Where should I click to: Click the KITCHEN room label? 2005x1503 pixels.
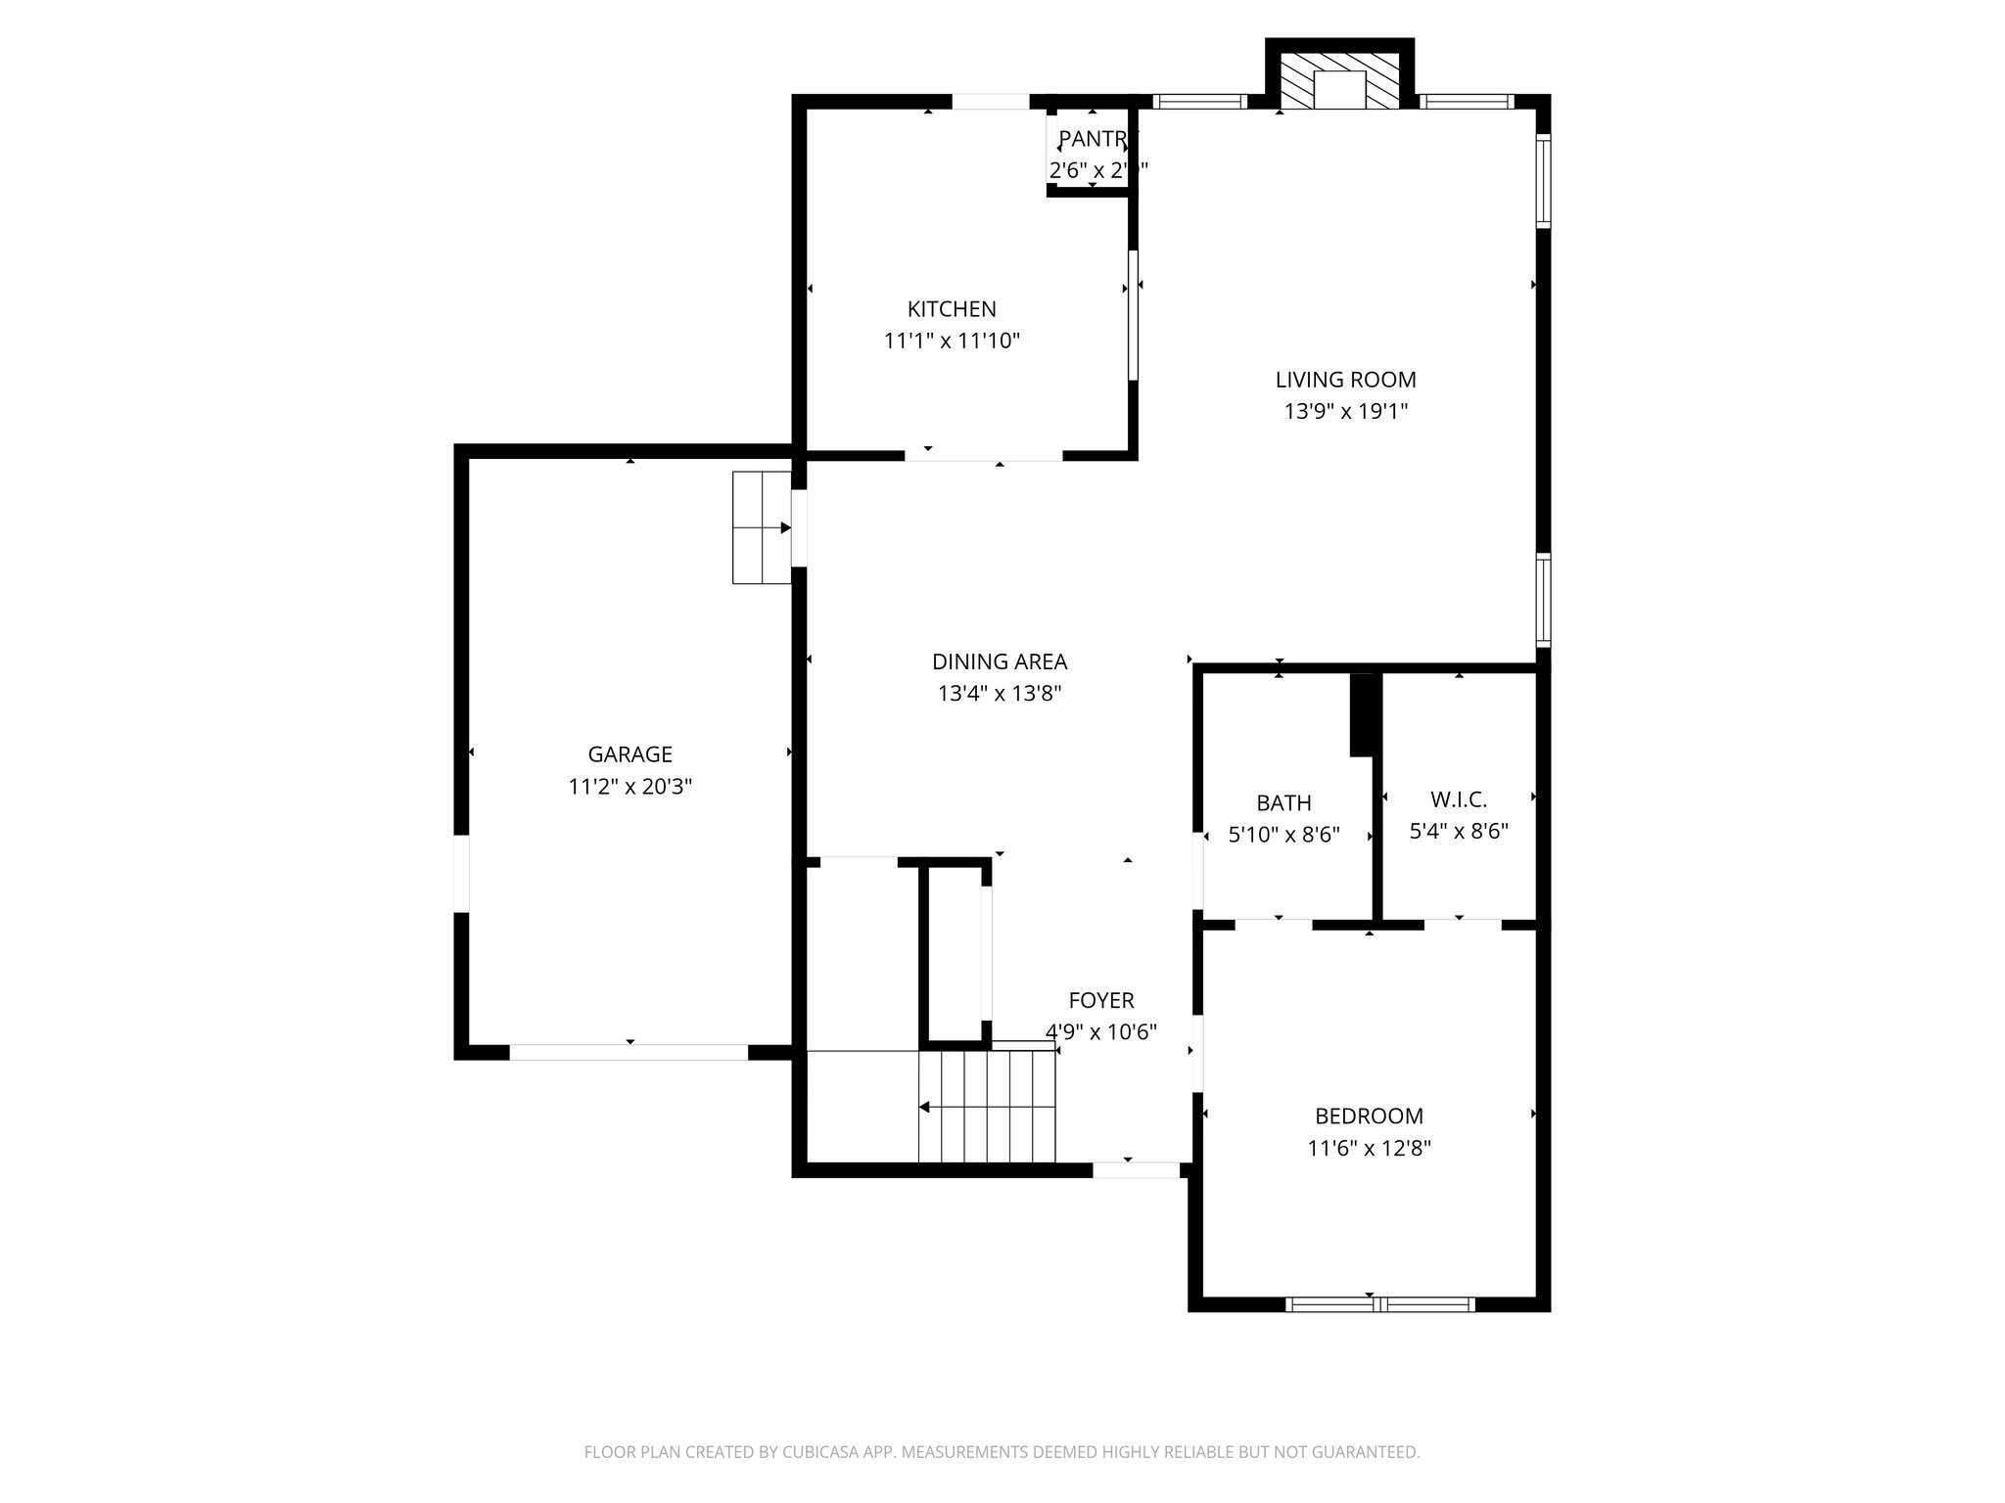[x=952, y=309]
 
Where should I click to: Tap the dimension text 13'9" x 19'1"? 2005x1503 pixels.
[x=1345, y=412]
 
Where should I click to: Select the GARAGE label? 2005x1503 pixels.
[x=629, y=754]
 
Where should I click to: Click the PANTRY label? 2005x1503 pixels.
[x=1093, y=139]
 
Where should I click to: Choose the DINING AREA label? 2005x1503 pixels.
[x=999, y=662]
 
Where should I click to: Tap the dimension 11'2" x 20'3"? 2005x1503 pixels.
[x=629, y=787]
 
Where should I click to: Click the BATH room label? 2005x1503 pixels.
[x=1283, y=803]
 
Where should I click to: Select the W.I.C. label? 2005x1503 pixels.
[x=1458, y=799]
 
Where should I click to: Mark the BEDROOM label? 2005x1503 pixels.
[x=1369, y=1116]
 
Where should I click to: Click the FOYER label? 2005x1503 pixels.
[x=1100, y=1000]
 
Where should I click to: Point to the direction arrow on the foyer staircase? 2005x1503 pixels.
[x=925, y=1108]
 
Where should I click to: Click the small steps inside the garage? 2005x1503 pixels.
[x=761, y=527]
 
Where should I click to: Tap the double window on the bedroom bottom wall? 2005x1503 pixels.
[x=1378, y=1303]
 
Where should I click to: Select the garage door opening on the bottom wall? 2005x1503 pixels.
[x=629, y=1053]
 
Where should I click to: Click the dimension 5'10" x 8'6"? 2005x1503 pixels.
[x=1283, y=836]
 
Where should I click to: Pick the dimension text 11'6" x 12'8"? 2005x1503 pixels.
[x=1369, y=1149]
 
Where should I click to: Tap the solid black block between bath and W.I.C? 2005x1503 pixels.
[x=1363, y=713]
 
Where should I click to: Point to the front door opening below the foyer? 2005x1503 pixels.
[x=1136, y=1169]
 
